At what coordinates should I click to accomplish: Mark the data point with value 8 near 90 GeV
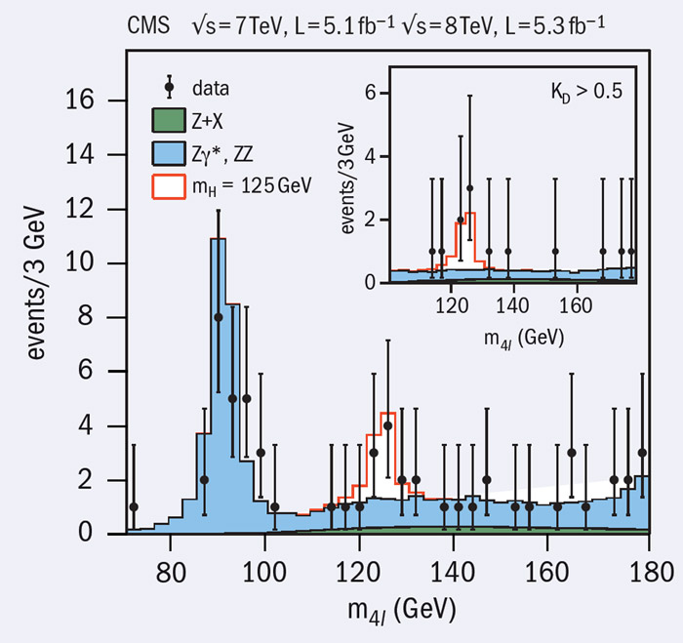pos(219,317)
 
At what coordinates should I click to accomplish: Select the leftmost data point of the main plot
pos(134,506)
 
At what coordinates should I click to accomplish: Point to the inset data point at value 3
pos(470,188)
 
